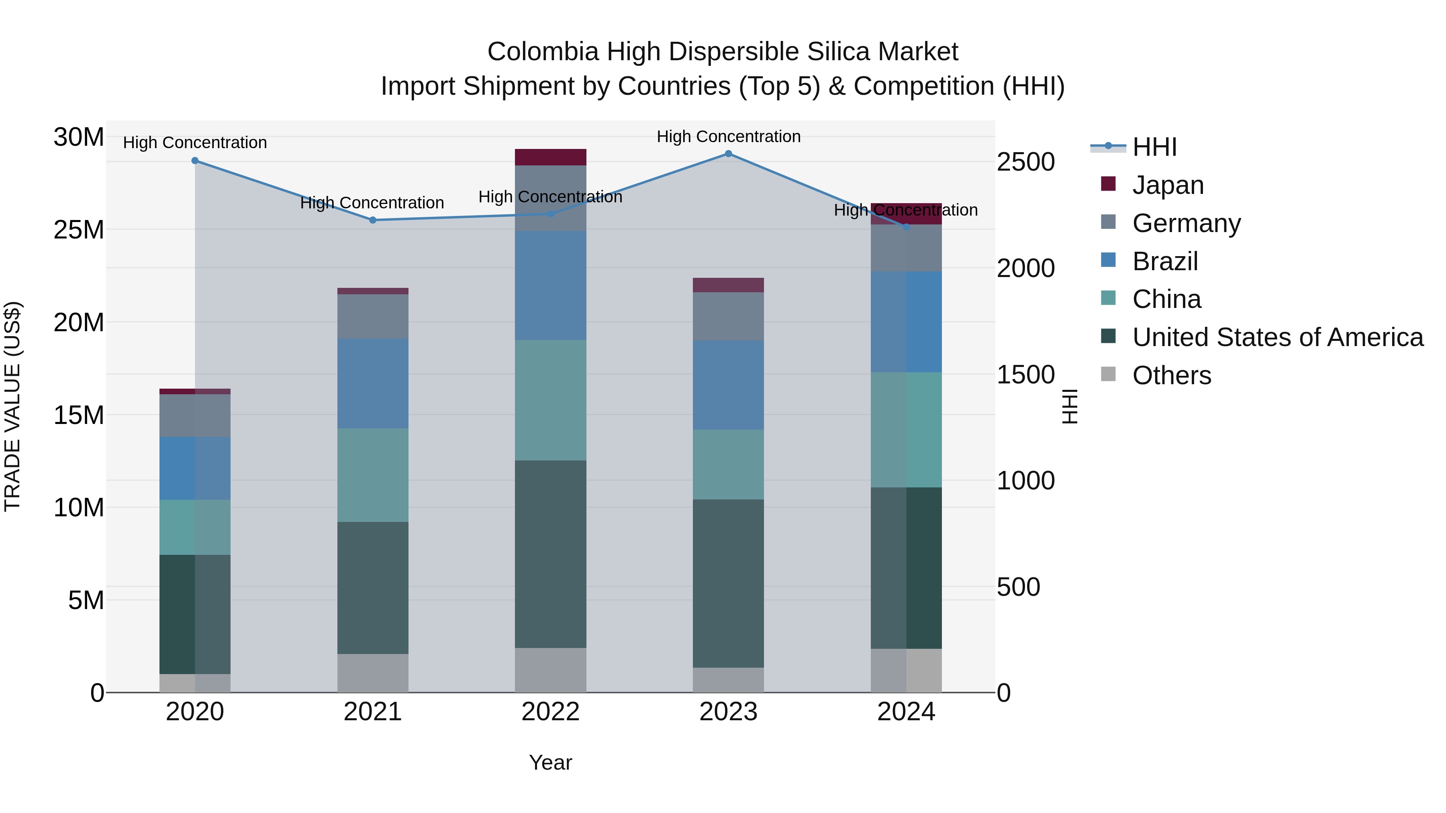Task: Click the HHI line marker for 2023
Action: (728, 154)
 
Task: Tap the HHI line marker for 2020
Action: (195, 161)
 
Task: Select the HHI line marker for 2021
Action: (373, 220)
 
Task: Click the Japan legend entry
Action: (1168, 185)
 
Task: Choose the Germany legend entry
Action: (1186, 223)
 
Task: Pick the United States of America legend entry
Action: (1277, 337)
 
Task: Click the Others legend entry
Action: (1172, 375)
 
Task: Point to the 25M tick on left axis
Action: (79, 230)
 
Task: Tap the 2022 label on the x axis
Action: (550, 712)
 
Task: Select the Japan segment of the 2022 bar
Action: (550, 157)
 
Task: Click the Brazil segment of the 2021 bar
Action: (373, 383)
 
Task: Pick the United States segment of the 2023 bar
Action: (728, 583)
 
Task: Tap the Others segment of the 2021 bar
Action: (373, 673)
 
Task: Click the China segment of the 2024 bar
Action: (906, 429)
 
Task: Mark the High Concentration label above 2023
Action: (728, 137)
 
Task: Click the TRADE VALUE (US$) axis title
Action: (12, 406)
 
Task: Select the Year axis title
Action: (550, 762)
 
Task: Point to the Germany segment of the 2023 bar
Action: (728, 316)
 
